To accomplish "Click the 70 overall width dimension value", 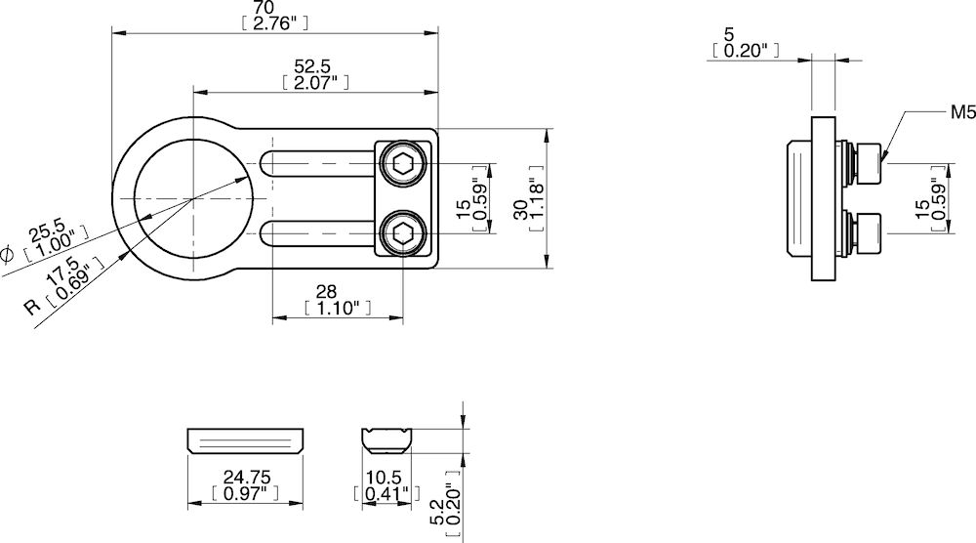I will pos(275,8).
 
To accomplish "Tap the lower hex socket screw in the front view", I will pos(403,233).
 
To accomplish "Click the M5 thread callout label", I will pos(963,113).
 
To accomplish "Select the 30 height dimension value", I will pos(522,208).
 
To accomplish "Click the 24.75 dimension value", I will pos(244,478).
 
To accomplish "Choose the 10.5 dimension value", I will pos(385,478).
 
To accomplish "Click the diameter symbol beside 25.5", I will pos(7,255).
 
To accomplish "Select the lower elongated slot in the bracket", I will pos(317,233).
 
